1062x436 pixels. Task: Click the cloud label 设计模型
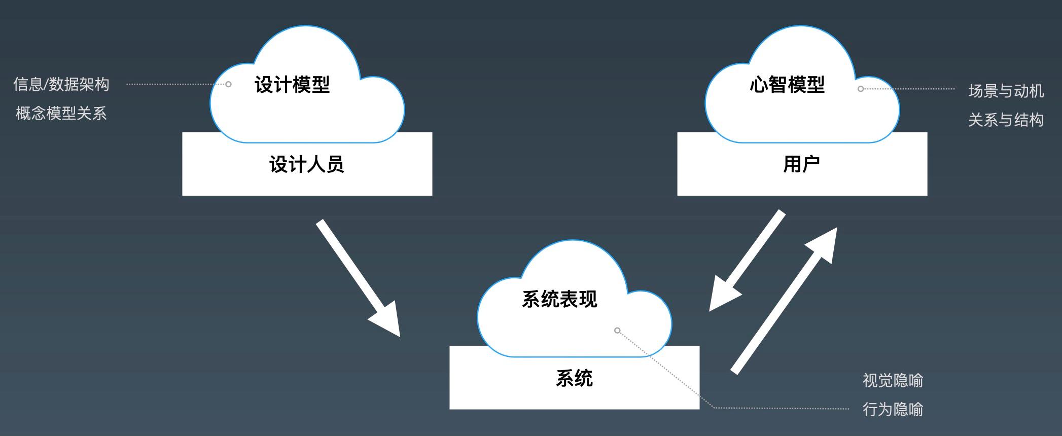coord(292,85)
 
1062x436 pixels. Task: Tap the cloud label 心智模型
coord(787,85)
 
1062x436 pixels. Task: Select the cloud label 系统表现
coord(559,299)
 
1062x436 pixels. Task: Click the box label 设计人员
coord(306,164)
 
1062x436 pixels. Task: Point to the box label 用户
coord(801,164)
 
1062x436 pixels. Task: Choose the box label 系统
coord(574,378)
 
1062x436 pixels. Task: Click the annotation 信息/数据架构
coord(61,84)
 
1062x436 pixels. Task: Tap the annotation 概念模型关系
coord(61,113)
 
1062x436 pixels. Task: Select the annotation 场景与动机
coord(1006,91)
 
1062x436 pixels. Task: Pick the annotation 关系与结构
coord(1006,120)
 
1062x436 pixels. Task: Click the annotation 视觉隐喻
coord(893,380)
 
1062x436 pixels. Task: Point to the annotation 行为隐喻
coord(893,409)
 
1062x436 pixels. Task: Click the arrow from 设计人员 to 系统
coord(355,274)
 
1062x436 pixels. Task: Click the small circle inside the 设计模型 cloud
coord(228,84)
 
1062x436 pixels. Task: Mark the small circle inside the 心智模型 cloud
coord(860,89)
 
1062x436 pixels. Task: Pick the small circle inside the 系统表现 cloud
coord(617,331)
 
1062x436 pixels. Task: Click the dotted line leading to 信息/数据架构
coord(172,84)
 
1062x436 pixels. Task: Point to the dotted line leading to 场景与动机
coord(913,89)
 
